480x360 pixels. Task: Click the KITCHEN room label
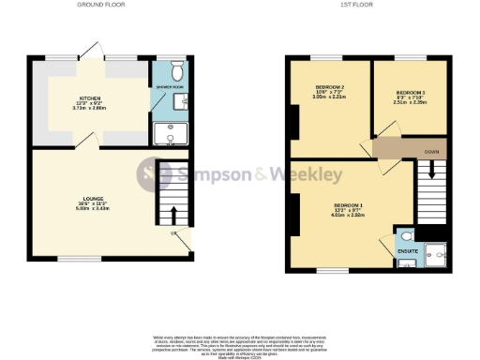click(90, 97)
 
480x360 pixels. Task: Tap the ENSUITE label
click(407, 251)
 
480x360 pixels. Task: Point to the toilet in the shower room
click(176, 70)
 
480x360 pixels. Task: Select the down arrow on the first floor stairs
click(432, 169)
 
